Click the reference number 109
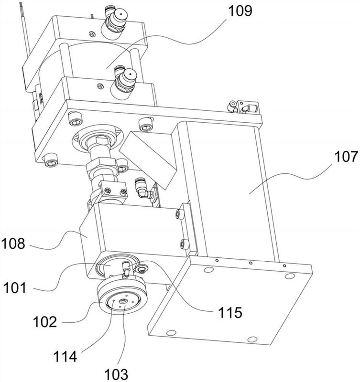click(x=240, y=11)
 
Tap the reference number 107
click(x=346, y=157)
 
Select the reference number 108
click(x=13, y=244)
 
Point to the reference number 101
click(x=15, y=288)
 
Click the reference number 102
click(x=45, y=322)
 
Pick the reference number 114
click(x=65, y=357)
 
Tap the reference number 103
click(x=116, y=374)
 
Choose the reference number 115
click(x=230, y=312)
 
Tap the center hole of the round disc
click(x=122, y=301)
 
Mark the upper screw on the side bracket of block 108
click(x=178, y=214)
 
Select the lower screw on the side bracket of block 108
click(x=184, y=244)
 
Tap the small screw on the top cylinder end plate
click(x=92, y=34)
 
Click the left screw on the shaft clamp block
click(x=107, y=191)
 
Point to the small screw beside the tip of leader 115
click(x=142, y=269)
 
